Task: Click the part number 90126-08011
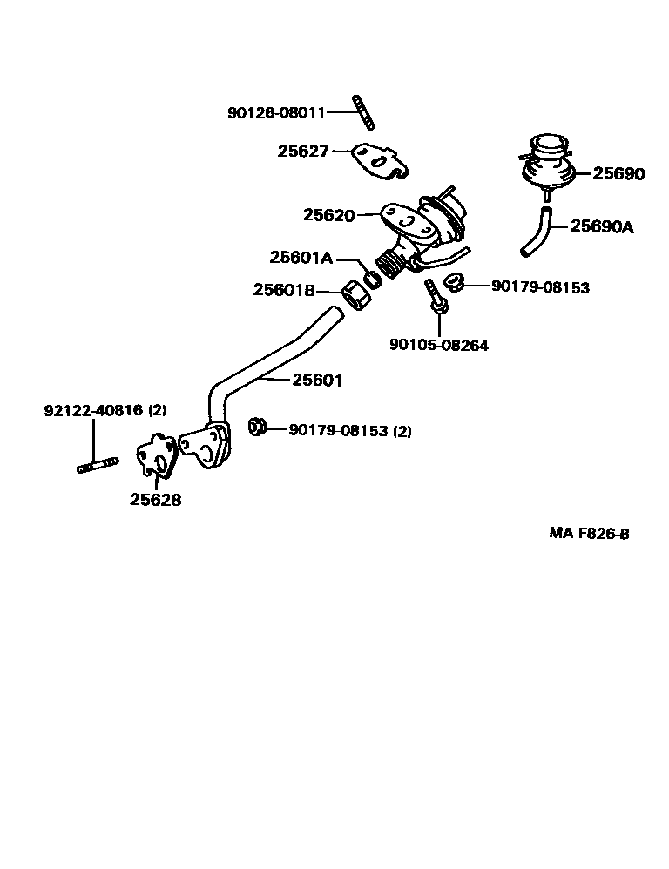click(x=275, y=112)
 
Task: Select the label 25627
click(x=303, y=151)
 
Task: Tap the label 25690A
click(x=602, y=227)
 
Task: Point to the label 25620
click(x=328, y=215)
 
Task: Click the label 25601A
click(x=301, y=258)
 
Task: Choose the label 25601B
click(x=284, y=290)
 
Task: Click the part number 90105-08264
click(x=438, y=345)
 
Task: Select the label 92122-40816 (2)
click(x=105, y=410)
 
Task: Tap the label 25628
click(x=156, y=500)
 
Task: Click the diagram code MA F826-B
click(x=589, y=534)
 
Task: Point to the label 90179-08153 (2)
click(x=349, y=429)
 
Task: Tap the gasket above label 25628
click(x=157, y=455)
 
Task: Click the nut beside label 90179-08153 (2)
click(x=257, y=427)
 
